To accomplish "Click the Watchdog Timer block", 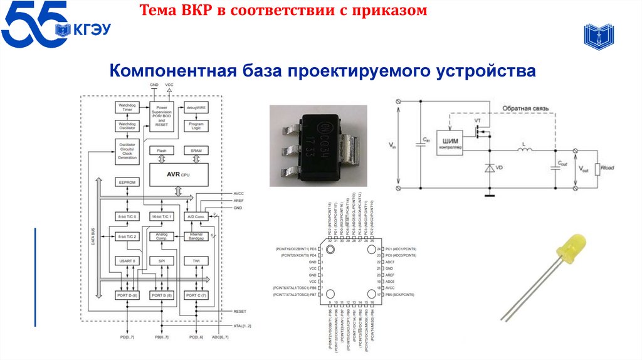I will (x=127, y=107).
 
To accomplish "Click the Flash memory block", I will (x=161, y=151).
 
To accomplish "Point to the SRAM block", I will (x=196, y=151).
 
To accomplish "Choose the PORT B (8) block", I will (x=161, y=294).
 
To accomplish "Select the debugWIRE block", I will (x=196, y=107).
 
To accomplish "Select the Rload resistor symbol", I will (x=599, y=168).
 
